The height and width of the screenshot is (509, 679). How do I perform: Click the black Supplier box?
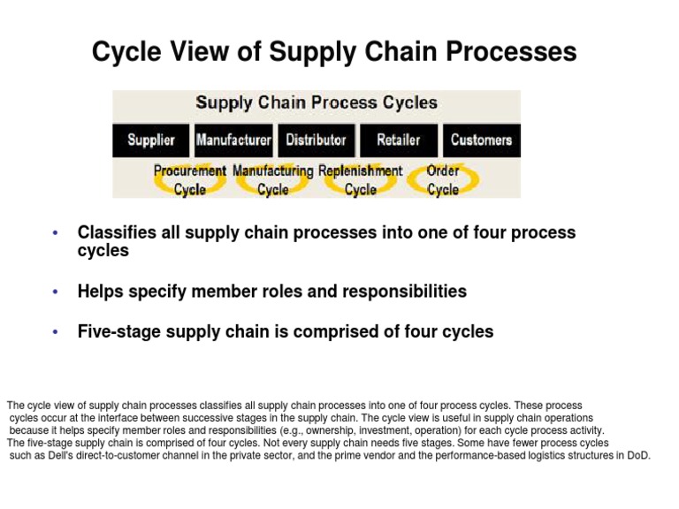click(x=150, y=140)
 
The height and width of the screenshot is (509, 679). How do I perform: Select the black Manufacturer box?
click(x=233, y=140)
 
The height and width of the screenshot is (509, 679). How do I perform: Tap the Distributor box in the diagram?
click(x=317, y=140)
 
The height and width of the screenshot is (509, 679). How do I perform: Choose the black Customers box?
click(x=481, y=140)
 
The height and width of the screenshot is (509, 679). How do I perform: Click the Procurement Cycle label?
click(x=189, y=179)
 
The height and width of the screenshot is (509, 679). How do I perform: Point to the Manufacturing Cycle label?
click(x=273, y=179)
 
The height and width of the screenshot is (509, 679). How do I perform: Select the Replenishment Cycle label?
click(x=360, y=179)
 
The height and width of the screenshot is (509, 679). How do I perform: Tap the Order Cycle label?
click(x=443, y=179)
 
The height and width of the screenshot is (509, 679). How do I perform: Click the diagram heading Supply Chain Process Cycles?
click(x=316, y=103)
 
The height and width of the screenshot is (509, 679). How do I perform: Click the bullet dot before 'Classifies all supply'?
click(x=55, y=233)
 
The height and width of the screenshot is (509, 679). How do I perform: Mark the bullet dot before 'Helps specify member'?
click(x=55, y=292)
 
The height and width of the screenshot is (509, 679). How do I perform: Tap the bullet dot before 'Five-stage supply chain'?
click(x=55, y=332)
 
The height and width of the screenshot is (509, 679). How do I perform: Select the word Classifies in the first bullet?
click(x=117, y=233)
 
